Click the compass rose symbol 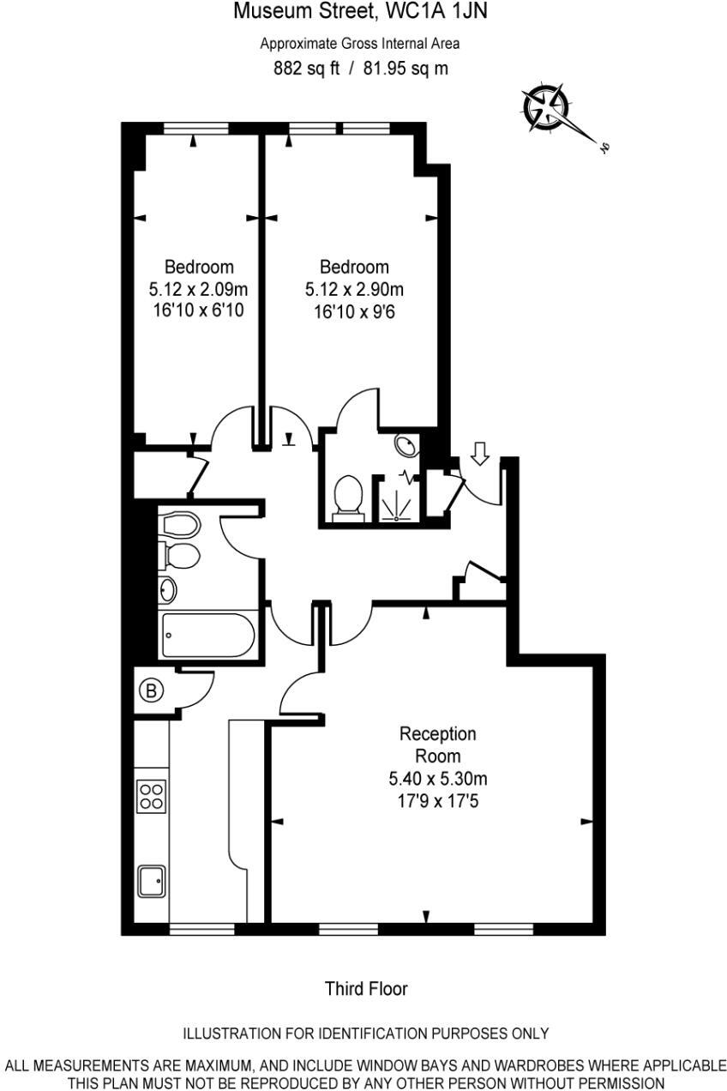(547, 106)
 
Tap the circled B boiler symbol (152, 690)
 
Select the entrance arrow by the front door (480, 454)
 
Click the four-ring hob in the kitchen (152, 795)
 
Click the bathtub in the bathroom (207, 636)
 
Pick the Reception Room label (437, 744)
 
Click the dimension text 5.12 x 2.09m (198, 289)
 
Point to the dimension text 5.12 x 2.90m (354, 289)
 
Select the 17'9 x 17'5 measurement (437, 800)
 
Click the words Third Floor (366, 988)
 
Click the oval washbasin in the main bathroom (168, 589)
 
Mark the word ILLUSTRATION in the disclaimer (233, 1033)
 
